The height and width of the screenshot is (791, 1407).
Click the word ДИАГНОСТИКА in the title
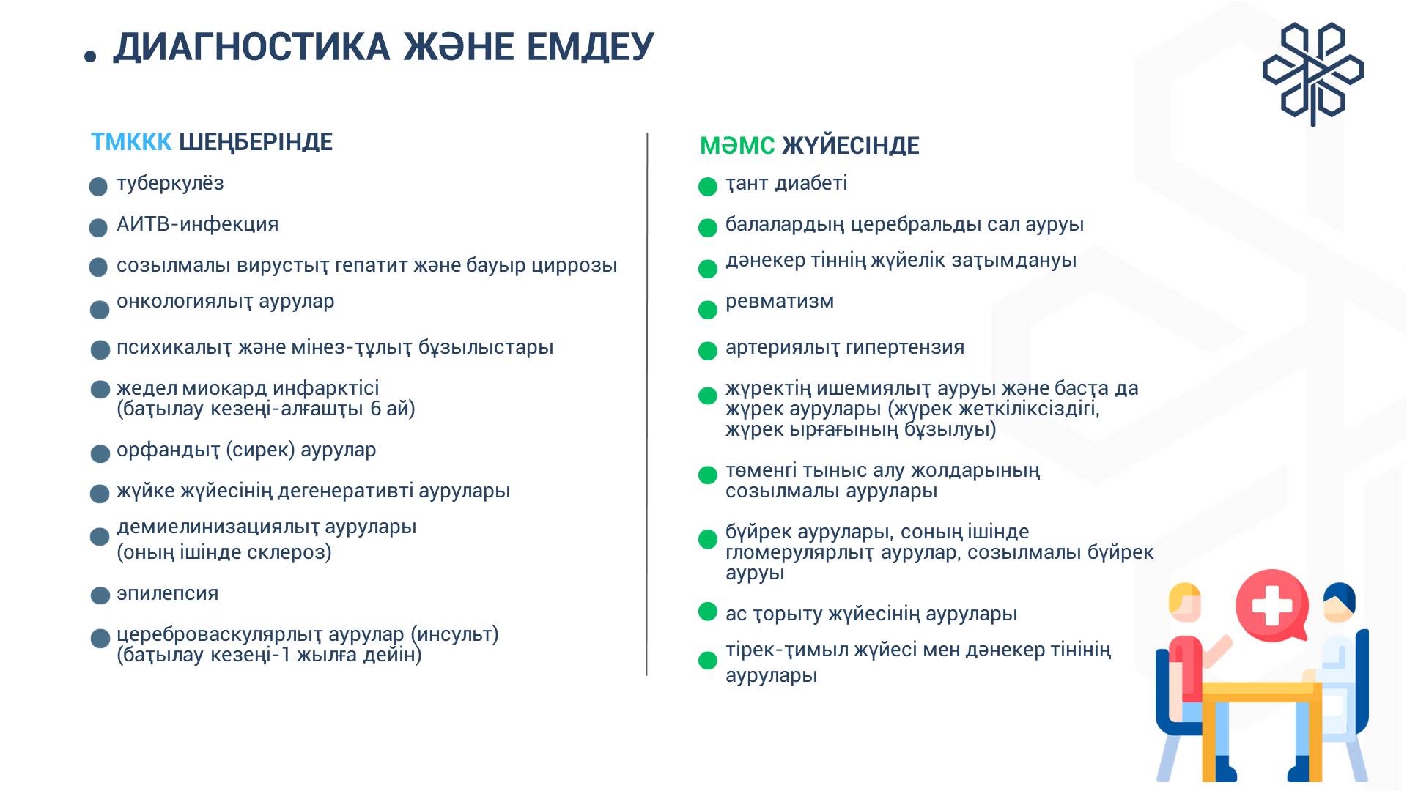(x=251, y=48)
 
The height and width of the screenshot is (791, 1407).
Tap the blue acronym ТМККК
(x=131, y=142)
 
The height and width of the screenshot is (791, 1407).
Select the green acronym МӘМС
(x=737, y=146)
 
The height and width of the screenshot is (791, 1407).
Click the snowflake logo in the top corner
(x=1313, y=73)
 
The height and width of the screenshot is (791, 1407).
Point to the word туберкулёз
(x=170, y=183)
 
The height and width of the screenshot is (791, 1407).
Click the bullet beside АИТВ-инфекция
(x=99, y=228)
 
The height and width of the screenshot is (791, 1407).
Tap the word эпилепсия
(x=168, y=593)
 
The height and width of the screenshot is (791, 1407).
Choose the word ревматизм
(x=780, y=302)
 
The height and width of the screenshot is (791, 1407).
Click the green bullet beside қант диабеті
(x=708, y=187)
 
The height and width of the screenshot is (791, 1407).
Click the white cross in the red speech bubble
(x=1272, y=605)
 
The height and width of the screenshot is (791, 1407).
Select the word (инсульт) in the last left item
(x=454, y=634)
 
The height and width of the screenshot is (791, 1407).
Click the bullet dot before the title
(x=90, y=56)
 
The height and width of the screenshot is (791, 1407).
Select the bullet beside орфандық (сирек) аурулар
(x=100, y=454)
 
